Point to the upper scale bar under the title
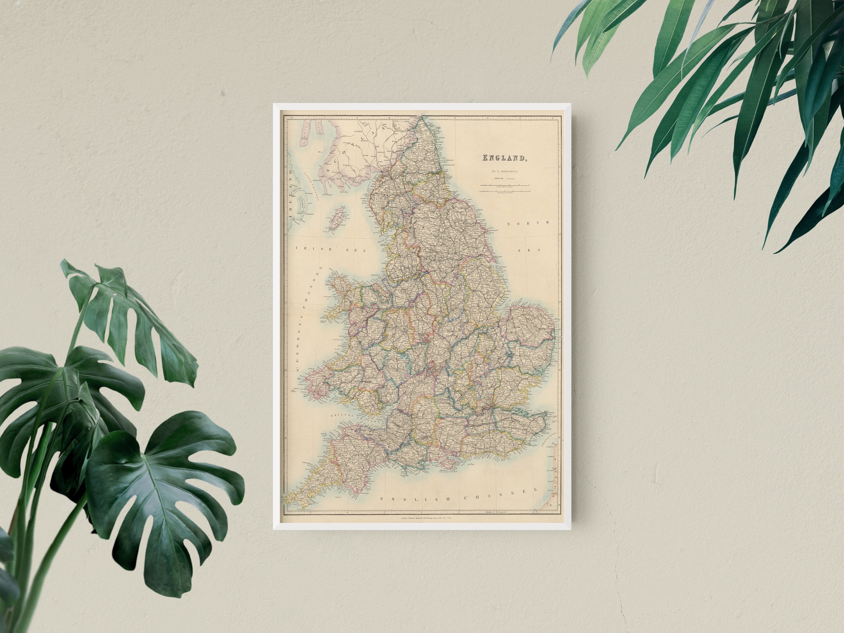[504, 185]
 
